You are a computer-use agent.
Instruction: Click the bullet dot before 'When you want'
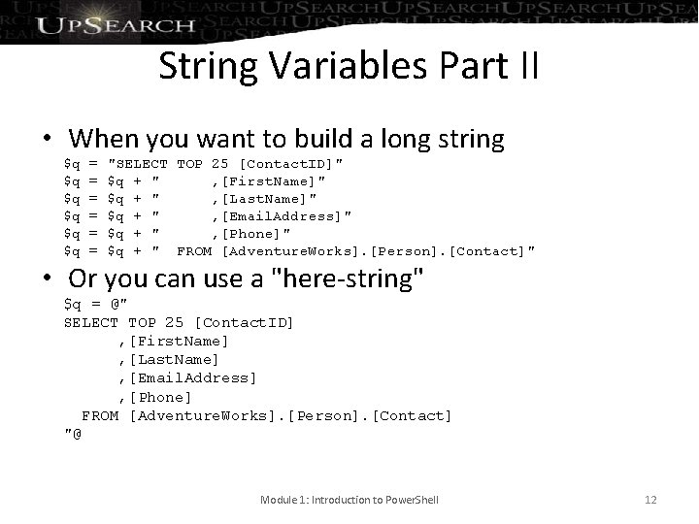click(x=46, y=139)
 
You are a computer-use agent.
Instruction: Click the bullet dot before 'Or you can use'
click(x=46, y=279)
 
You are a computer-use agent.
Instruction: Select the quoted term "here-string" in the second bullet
click(x=350, y=279)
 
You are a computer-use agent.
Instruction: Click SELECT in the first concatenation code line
click(x=142, y=164)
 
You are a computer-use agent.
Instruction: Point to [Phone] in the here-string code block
click(x=160, y=397)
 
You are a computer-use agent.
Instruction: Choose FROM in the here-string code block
click(x=100, y=415)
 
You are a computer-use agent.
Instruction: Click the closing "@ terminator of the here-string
click(x=73, y=433)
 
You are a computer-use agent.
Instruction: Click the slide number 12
click(x=650, y=500)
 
